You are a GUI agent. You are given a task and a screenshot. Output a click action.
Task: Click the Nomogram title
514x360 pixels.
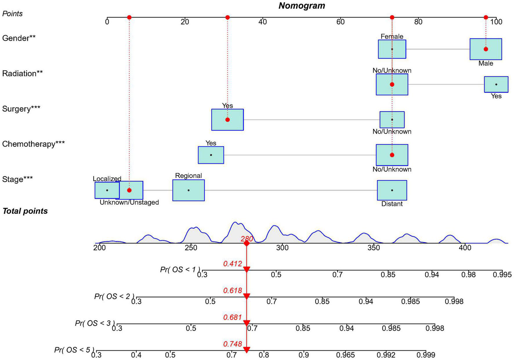click(x=302, y=6)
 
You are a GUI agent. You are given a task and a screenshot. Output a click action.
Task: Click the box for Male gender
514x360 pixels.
click(x=486, y=49)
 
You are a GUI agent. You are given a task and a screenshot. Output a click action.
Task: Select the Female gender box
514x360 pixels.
click(x=392, y=49)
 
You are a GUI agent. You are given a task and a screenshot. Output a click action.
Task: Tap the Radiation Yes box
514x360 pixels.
click(x=496, y=84)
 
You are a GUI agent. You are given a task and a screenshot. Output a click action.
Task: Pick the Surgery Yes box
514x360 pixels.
click(x=227, y=120)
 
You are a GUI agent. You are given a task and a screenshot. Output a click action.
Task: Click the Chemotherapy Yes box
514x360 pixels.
click(x=211, y=155)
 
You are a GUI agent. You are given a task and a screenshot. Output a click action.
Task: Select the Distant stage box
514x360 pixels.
click(x=392, y=190)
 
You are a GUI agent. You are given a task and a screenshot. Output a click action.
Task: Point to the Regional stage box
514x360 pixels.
click(x=189, y=190)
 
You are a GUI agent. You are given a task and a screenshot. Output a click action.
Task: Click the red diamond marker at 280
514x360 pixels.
click(x=246, y=243)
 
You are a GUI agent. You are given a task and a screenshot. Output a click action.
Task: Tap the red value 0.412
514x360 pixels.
click(x=232, y=264)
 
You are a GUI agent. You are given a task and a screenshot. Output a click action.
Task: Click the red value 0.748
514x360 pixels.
click(x=232, y=344)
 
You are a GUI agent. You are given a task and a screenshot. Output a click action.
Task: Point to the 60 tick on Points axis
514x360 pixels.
click(x=340, y=21)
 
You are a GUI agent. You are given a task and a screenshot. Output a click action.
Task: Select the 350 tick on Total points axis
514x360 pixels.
click(x=374, y=248)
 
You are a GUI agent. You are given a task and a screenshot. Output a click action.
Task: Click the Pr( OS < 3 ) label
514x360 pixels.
click(x=95, y=323)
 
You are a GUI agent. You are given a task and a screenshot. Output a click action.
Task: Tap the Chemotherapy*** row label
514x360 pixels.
click(x=33, y=144)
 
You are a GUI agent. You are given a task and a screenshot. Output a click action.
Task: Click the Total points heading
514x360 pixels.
click(x=25, y=211)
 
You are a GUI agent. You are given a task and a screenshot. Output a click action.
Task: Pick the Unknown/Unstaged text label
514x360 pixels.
click(x=129, y=202)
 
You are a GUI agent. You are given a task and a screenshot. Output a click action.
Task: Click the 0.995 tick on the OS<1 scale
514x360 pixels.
click(x=502, y=274)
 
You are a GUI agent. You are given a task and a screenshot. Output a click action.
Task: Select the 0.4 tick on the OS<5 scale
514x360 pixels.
click(x=136, y=355)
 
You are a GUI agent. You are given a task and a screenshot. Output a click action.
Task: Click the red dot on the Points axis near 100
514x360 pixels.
click(x=486, y=17)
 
